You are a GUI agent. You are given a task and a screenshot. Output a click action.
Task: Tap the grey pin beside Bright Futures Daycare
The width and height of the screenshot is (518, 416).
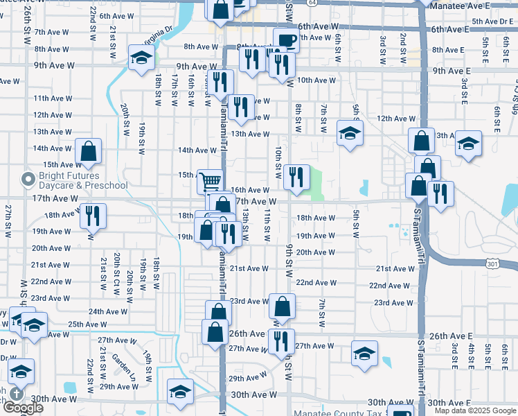[x=28, y=180]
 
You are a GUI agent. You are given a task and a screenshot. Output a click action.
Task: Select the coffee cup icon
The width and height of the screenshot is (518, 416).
[x=285, y=40]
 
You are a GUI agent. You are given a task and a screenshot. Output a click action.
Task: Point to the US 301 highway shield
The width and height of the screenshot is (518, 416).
[x=473, y=263]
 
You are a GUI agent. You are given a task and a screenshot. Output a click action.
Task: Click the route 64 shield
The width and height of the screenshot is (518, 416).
[x=314, y=3]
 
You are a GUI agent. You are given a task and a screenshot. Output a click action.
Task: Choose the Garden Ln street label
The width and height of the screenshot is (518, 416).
[x=125, y=365]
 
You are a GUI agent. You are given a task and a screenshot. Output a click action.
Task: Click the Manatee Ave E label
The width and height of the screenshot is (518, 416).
[x=469, y=6]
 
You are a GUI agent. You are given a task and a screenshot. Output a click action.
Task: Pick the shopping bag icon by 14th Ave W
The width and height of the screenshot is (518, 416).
[x=89, y=151]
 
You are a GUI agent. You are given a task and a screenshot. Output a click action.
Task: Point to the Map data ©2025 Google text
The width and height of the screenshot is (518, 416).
[x=475, y=410]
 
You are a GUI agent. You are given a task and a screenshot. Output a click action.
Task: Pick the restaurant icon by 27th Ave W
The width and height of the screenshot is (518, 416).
[x=281, y=341]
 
